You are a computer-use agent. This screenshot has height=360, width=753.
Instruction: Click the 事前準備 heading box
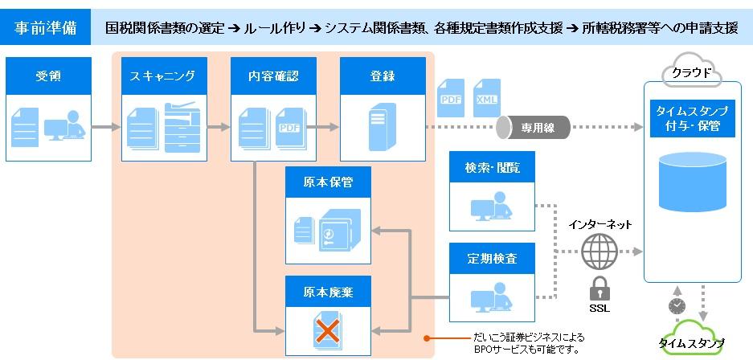pyautogui.click(x=45, y=27)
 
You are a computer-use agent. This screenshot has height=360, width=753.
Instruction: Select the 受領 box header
pyautogui.click(x=48, y=76)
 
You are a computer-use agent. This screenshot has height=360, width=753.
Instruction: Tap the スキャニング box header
pyautogui.click(x=164, y=76)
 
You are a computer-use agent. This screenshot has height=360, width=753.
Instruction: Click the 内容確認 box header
pyautogui.click(x=274, y=76)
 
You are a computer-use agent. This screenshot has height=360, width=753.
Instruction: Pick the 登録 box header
pyautogui.click(x=383, y=76)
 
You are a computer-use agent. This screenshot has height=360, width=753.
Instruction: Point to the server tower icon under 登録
pyautogui.click(x=383, y=127)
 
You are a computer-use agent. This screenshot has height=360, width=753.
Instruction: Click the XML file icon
pyautogui.click(x=487, y=98)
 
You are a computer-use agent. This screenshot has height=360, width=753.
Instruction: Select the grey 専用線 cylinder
pyautogui.click(x=533, y=128)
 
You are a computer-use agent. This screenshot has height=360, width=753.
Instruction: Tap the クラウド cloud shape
pyautogui.click(x=692, y=73)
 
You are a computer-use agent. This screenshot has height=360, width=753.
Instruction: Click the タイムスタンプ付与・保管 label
pyautogui.click(x=693, y=119)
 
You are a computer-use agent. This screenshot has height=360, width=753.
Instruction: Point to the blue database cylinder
pyautogui.click(x=693, y=182)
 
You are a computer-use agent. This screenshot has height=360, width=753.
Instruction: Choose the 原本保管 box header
pyautogui.click(x=329, y=182)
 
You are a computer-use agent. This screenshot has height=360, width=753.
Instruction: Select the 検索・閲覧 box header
pyautogui.click(x=493, y=167)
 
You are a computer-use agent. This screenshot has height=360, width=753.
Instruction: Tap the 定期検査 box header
pyautogui.click(x=493, y=258)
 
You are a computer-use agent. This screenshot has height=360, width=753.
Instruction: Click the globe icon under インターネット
pyautogui.click(x=598, y=252)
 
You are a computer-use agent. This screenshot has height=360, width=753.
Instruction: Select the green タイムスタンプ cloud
pyautogui.click(x=692, y=339)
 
